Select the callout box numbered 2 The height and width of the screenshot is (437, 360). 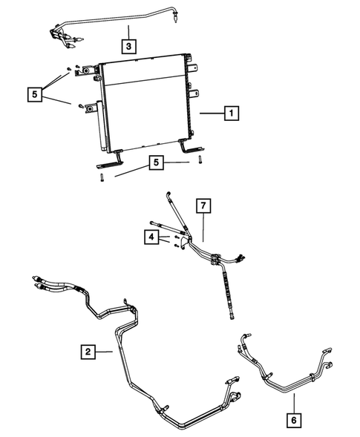(88, 351)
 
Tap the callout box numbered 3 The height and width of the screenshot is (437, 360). (128, 47)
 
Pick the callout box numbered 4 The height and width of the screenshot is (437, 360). (151, 237)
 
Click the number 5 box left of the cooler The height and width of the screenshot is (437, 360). (33, 94)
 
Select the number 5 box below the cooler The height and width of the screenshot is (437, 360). (156, 163)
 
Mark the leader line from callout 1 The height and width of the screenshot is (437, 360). (210, 114)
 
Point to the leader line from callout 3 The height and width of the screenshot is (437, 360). (128, 33)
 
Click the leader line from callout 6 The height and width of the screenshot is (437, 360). (293, 403)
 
